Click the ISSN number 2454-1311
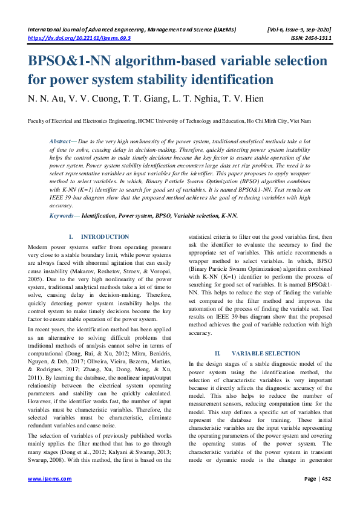(x=315, y=37)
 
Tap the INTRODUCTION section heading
(x=104, y=236)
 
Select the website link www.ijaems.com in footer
(x=50, y=479)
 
